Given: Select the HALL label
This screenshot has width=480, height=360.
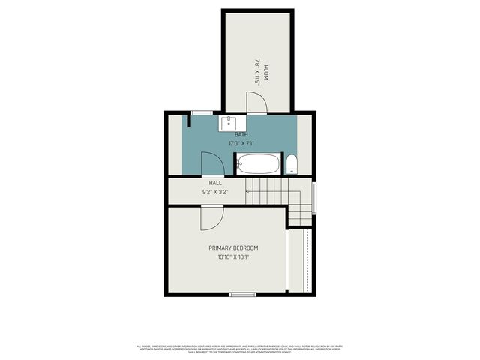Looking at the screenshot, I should (x=215, y=183).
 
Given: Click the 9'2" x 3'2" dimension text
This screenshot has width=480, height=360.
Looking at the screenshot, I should (x=215, y=192).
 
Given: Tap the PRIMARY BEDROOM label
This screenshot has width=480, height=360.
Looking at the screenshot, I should (x=233, y=247).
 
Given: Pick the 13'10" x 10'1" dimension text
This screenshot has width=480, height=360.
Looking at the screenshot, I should (x=233, y=256).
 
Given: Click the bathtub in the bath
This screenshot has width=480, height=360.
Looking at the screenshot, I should (x=259, y=163).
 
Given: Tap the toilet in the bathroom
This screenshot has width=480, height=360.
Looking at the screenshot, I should (x=292, y=164).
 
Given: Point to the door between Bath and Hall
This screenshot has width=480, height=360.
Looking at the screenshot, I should (x=212, y=163).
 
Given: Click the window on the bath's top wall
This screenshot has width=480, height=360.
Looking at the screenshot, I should (x=201, y=112).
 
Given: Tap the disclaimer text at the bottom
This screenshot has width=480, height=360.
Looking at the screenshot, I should (x=239, y=349).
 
